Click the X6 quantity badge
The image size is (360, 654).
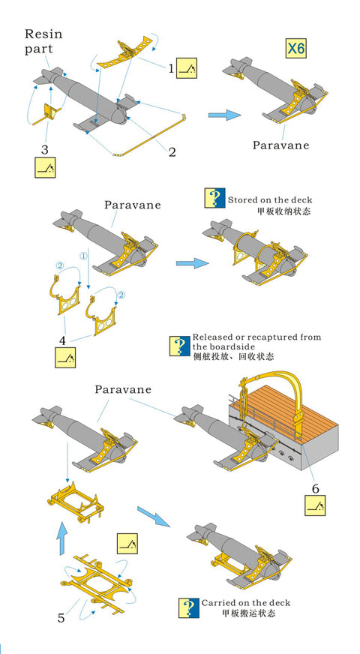(x=295, y=49)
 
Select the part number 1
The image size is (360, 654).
(x=170, y=68)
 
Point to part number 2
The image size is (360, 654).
(x=172, y=151)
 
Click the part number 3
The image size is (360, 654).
(x=44, y=149)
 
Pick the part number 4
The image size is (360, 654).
(x=62, y=340)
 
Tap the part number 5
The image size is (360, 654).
(x=61, y=617)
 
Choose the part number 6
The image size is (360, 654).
(x=315, y=488)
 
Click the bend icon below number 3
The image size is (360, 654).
(x=45, y=167)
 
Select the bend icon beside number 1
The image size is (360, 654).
(x=187, y=68)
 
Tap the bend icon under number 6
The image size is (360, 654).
(x=315, y=505)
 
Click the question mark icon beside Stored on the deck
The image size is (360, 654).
(x=214, y=198)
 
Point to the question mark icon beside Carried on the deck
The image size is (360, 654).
(x=189, y=608)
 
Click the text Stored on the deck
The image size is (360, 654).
(x=270, y=199)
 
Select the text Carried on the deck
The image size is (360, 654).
(x=246, y=603)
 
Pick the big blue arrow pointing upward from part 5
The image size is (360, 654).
(x=61, y=538)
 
